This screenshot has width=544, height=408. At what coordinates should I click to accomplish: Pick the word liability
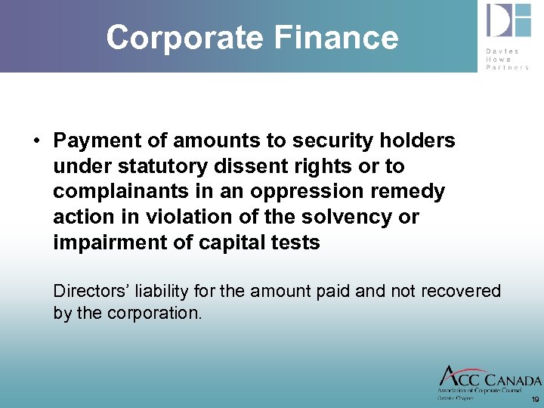click(x=162, y=291)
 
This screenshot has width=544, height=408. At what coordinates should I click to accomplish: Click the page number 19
click(x=535, y=399)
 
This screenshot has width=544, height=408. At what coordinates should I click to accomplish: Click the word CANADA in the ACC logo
click(x=513, y=381)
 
